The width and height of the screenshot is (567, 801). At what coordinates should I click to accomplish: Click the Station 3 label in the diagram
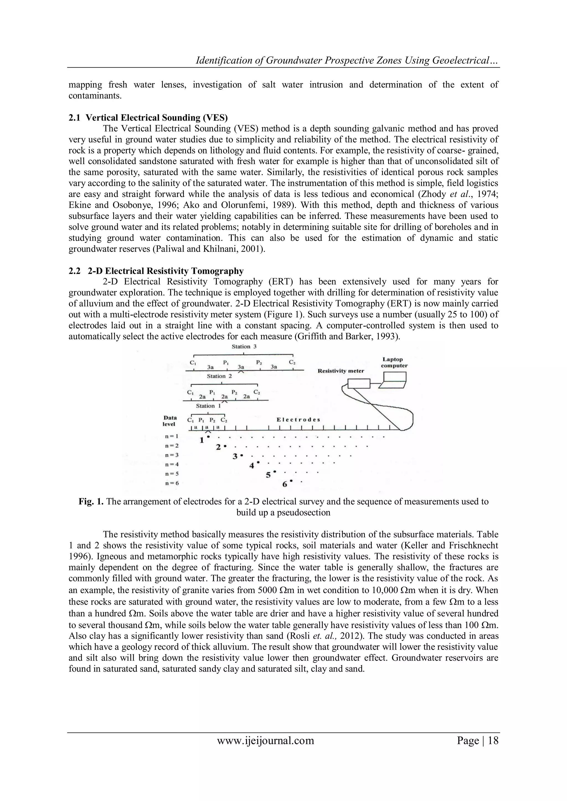coord(244,346)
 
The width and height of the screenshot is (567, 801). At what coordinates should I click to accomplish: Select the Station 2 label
coord(219,376)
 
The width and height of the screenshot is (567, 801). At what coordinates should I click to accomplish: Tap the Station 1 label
coord(208,406)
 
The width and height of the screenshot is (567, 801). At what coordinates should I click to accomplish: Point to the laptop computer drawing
coord(394,380)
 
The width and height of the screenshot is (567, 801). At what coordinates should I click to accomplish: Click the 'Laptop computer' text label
coord(394,362)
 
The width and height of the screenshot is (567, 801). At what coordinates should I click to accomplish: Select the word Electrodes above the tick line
coord(298,419)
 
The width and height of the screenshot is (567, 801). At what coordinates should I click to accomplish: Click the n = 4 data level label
coord(172,464)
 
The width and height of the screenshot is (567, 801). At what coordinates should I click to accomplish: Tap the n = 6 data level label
coord(172,483)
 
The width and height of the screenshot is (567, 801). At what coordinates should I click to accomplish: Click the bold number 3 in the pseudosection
coord(235,456)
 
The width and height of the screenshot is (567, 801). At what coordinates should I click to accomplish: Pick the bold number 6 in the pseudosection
coord(285,484)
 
